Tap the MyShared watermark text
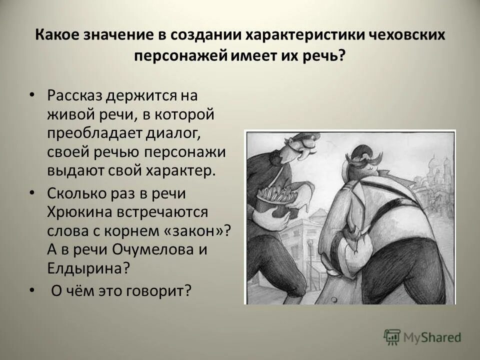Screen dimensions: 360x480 [x=432, y=338]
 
